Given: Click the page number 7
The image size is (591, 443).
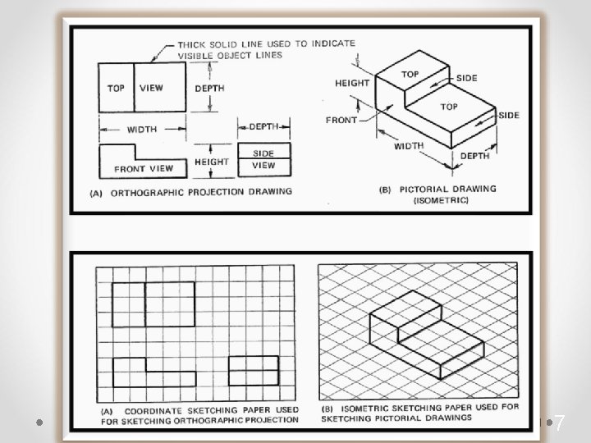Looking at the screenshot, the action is coord(560,423).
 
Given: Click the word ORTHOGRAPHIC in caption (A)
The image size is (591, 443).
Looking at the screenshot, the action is coord(158,192).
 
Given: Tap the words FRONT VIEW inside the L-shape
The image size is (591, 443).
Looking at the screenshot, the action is coord(144,169).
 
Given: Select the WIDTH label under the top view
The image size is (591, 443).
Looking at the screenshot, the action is coord(142,129).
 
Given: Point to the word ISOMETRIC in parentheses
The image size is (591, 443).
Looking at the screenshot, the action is coord(441,200).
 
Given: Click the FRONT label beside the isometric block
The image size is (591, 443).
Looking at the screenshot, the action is coord(341,120).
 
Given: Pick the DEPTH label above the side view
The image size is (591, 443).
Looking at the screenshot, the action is coord(263,126).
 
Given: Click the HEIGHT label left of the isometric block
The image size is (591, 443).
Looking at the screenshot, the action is coord(352,83).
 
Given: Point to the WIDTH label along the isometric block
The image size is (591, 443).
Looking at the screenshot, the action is coord(408,147).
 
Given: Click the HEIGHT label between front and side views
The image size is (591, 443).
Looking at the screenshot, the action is coord(212,162).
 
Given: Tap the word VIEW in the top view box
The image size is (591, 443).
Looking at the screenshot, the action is coord(151,88).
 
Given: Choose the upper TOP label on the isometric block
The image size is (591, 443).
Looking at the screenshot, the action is coord(410,75).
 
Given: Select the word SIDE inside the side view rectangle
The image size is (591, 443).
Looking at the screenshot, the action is coord(263,153).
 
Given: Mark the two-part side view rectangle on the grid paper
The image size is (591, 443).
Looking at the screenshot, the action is coord(252,371).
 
